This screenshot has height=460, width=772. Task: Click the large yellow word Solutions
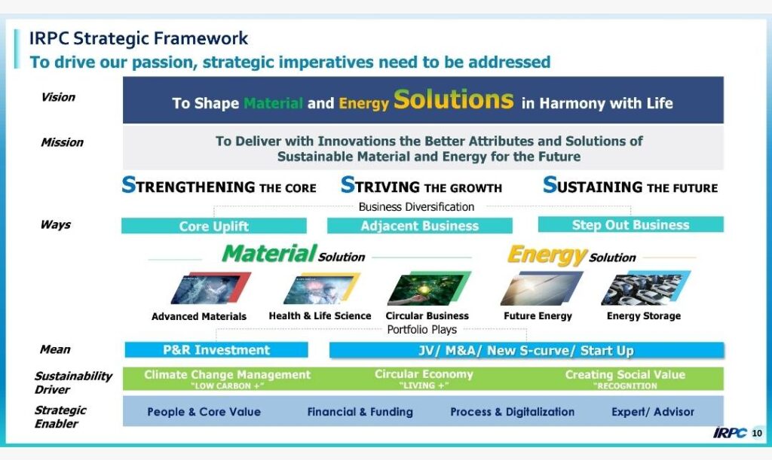click(453, 100)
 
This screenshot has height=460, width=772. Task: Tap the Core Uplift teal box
click(213, 226)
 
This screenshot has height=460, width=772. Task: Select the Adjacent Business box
click(419, 226)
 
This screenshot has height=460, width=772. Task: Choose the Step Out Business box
click(631, 224)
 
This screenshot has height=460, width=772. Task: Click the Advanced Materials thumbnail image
click(210, 288)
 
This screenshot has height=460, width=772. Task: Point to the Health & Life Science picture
click(321, 289)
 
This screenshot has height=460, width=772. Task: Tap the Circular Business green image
click(429, 288)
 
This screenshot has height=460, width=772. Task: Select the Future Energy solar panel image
click(541, 288)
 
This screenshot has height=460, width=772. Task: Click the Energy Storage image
click(645, 288)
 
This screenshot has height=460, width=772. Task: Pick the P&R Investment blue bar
click(216, 350)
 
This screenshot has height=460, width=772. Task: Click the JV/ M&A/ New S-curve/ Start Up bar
click(526, 350)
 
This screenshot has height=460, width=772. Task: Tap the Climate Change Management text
click(227, 374)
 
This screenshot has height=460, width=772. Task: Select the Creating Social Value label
click(625, 374)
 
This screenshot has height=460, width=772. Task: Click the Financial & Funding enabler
click(360, 412)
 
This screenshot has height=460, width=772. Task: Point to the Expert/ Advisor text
click(653, 412)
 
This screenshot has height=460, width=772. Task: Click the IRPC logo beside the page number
click(730, 432)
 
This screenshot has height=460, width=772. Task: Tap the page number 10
click(757, 433)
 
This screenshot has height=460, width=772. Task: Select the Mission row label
click(62, 142)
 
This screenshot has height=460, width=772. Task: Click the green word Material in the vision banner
click(273, 103)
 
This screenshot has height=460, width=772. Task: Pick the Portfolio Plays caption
click(422, 329)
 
